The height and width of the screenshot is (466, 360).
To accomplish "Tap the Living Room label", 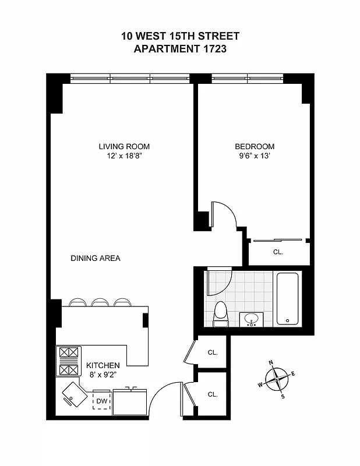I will coord(124,147).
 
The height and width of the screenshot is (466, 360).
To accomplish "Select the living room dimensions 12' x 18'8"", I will coord(124,156).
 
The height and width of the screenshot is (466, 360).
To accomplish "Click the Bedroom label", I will coord(255,147).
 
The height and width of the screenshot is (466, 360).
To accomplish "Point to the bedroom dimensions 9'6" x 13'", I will coord(255,156).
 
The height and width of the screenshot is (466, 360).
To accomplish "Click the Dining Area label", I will coord(96,258).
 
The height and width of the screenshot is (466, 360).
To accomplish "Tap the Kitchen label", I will coord(103,365).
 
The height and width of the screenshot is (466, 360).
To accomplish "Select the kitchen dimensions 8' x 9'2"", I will coord(103,375).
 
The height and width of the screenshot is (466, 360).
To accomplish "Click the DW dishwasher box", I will coord(101,401).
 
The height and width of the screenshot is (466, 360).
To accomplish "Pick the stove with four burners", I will coord(68,362).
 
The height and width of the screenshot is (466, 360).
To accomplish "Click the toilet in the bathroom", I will coord(221,313).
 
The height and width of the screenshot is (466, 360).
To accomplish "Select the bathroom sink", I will coord(252,319).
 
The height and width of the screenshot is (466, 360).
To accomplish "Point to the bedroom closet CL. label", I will coord(278,252).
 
